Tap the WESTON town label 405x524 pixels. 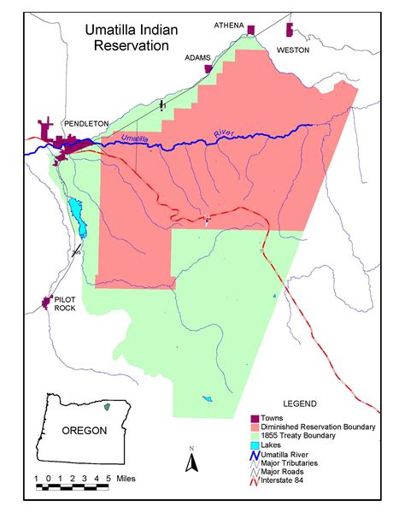tap(293, 50)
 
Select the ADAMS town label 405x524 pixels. tap(197, 58)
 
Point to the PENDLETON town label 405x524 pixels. tap(85, 124)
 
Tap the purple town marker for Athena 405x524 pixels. tap(251, 30)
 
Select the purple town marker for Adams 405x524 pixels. tap(208, 68)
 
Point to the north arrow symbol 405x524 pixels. tap(192, 461)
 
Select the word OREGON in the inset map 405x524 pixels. tap(84, 430)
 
